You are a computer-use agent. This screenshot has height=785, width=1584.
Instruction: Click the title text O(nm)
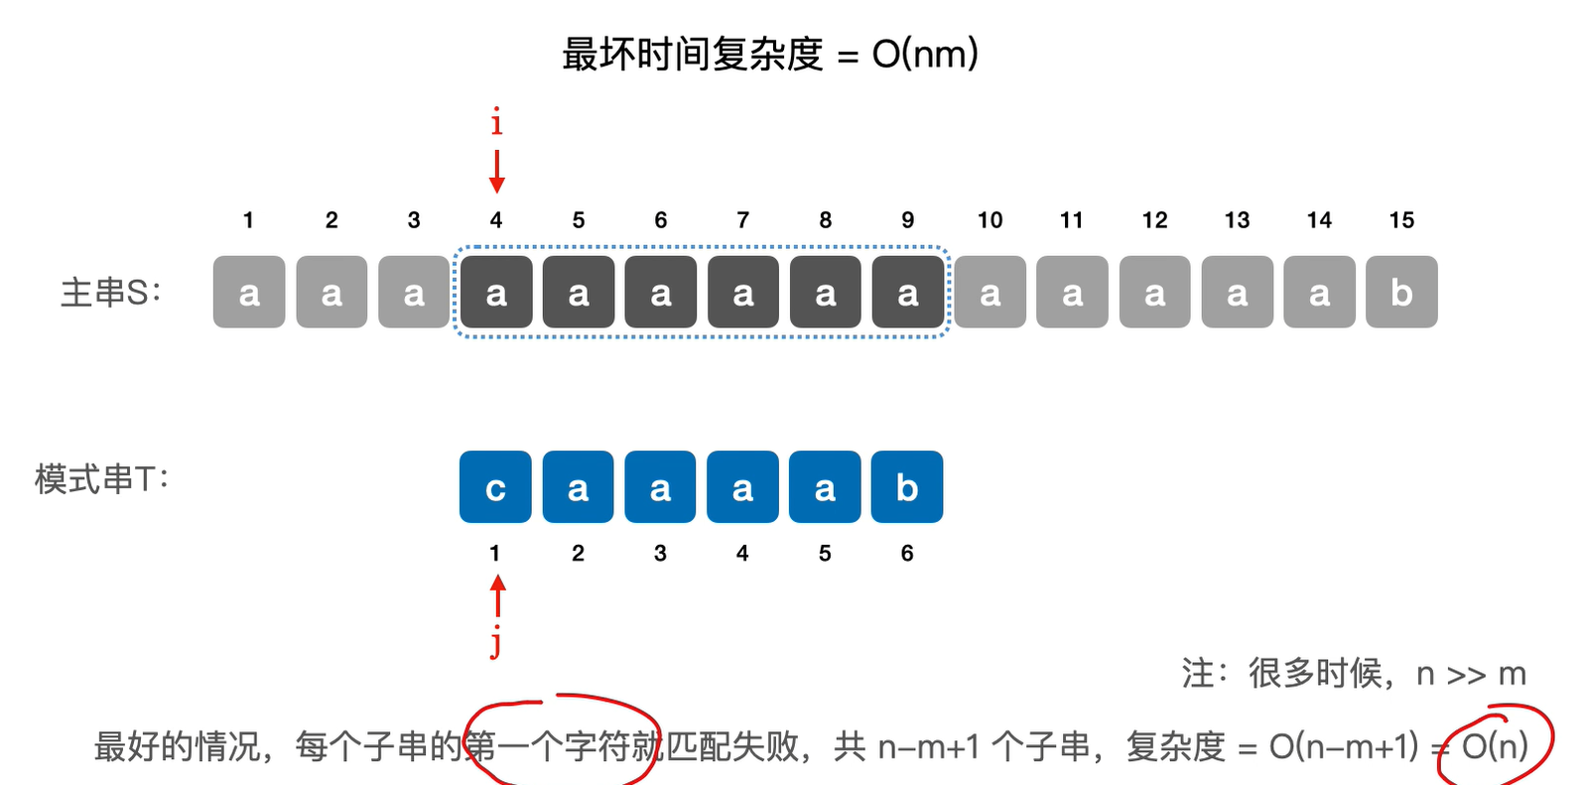pos(925,54)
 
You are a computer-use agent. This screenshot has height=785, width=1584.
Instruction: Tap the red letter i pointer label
pos(496,123)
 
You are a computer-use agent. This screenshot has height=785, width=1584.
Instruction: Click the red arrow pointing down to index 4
pos(496,172)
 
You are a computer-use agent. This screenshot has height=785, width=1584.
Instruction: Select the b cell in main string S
pos(1401,292)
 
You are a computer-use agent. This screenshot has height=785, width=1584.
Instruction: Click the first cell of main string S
pos(249,292)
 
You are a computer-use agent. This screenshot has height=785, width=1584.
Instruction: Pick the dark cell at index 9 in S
pos(907,292)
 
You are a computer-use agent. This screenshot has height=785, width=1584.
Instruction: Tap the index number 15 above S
pos(1401,220)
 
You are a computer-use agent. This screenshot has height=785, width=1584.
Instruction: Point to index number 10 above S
pos(990,220)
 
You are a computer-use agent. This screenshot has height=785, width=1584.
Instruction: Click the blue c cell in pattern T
pos(495,487)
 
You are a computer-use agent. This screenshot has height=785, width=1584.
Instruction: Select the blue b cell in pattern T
pos(907,487)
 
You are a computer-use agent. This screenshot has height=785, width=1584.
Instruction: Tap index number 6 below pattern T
pos(907,554)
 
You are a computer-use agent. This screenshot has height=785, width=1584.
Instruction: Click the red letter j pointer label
pos(496,643)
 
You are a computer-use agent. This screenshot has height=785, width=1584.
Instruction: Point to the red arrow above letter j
pos(498,597)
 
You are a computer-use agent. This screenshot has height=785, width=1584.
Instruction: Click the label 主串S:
pos(110,293)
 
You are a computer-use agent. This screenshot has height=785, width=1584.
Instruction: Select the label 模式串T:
pos(102,479)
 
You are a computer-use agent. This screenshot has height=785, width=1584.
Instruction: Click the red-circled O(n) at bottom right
pos(1495,745)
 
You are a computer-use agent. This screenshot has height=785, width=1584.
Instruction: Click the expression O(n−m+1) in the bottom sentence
pos(1344,746)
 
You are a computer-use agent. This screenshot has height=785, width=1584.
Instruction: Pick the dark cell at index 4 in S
pos(495,292)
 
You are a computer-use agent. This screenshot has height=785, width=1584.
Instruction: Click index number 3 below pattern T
pos(660,554)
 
